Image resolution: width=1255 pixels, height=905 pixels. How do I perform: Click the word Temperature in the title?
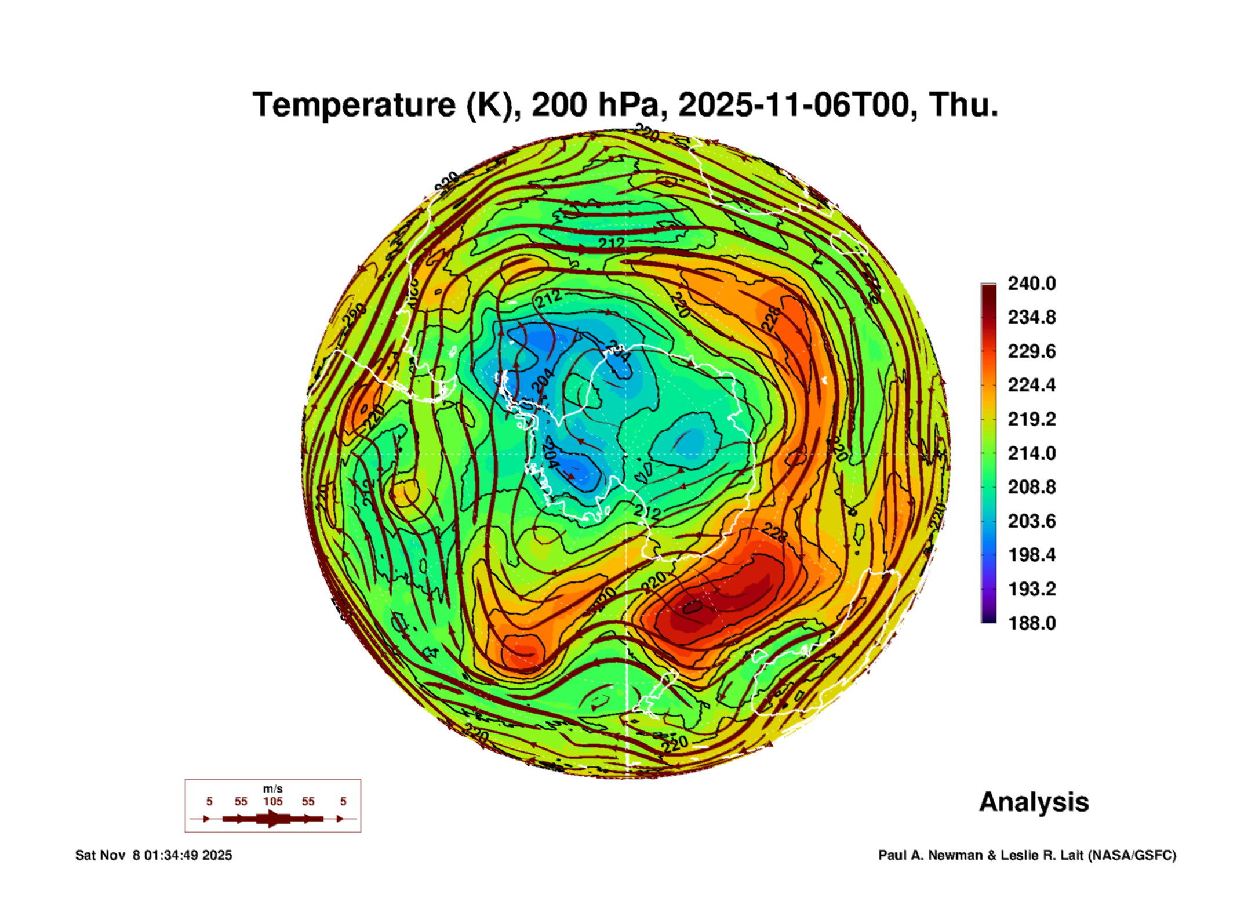(354, 105)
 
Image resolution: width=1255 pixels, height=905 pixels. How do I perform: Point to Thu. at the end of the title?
(963, 105)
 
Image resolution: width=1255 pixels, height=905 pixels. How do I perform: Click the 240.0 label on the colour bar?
(1031, 284)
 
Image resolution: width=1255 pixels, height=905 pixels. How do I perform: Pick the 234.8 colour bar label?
(1031, 317)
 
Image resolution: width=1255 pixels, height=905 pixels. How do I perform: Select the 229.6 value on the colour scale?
(1031, 351)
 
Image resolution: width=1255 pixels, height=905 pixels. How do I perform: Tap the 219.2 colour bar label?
(1031, 419)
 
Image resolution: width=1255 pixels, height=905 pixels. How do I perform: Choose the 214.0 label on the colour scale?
(1031, 453)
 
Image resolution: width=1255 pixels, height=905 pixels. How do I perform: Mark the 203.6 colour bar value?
(1031, 521)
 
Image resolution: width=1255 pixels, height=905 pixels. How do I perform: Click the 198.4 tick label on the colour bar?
(1031, 555)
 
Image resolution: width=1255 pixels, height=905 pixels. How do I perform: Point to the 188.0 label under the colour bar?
(1031, 623)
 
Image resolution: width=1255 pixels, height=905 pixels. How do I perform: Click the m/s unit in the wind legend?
(272, 788)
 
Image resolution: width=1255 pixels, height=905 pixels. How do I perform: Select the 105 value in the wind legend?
(272, 801)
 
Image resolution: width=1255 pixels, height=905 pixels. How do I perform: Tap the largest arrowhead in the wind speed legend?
(272, 819)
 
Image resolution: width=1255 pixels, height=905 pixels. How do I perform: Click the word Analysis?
(1034, 802)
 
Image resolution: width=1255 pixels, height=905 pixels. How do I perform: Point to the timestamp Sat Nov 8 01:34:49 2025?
(154, 855)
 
